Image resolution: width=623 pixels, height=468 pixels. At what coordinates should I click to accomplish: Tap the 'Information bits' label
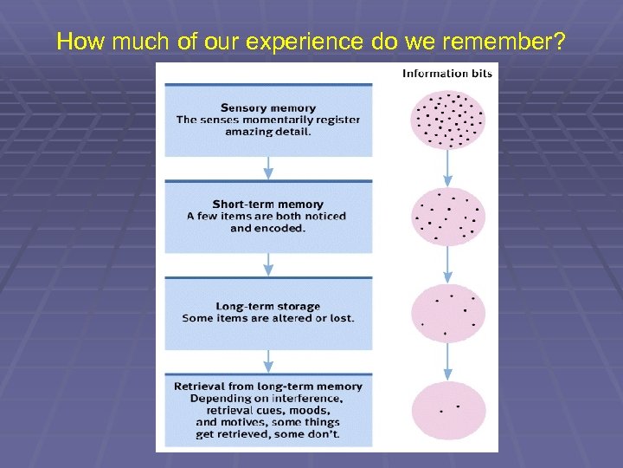click(x=447, y=74)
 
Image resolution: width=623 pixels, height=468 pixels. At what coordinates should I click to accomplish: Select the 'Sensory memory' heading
click(x=267, y=108)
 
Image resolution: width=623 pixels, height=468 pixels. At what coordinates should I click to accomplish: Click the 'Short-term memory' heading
click(x=267, y=205)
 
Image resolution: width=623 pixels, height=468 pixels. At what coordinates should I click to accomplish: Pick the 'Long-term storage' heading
click(x=267, y=306)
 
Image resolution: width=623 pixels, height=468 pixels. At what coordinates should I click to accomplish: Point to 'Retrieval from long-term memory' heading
click(x=268, y=387)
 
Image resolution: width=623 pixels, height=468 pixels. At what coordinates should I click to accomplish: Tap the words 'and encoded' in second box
click(x=267, y=229)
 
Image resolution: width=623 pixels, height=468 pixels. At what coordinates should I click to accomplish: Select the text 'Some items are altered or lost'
click(x=267, y=318)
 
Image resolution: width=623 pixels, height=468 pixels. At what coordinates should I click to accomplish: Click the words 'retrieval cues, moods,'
click(x=268, y=410)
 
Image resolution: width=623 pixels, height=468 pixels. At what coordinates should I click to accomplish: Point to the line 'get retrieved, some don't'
click(x=268, y=433)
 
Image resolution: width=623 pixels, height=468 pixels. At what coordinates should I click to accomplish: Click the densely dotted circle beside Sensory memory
click(x=447, y=119)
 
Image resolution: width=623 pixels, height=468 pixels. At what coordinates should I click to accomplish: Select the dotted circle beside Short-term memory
click(x=447, y=217)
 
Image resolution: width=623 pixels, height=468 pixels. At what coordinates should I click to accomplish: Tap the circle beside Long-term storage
click(x=447, y=314)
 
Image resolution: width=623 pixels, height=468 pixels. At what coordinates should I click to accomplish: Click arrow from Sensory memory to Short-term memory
click(x=268, y=167)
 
